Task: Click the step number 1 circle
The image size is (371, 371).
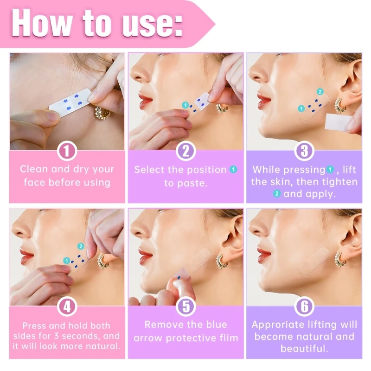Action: (67, 151)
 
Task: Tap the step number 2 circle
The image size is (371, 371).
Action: (186, 151)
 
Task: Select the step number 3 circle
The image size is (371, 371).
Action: (305, 151)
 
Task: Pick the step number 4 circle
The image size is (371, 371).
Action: (67, 307)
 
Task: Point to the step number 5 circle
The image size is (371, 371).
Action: (186, 307)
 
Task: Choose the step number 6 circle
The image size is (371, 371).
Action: (305, 307)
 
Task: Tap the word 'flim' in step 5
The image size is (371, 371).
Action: (227, 338)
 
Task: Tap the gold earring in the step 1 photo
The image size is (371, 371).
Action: (101, 113)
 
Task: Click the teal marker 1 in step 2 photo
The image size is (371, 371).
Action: (185, 106)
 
